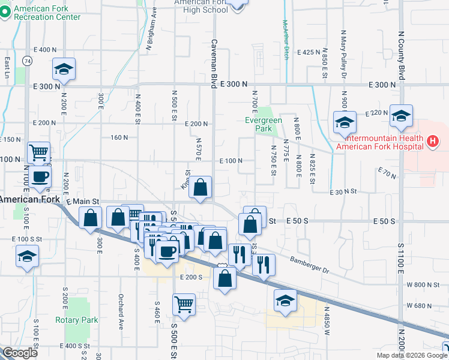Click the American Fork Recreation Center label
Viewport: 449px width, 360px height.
pos(47,13)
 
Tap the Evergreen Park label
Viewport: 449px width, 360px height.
pos(264,124)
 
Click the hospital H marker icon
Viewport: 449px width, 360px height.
pos(433,142)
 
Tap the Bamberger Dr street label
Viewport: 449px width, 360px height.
pos(309,265)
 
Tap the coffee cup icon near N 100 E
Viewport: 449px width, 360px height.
pos(41,176)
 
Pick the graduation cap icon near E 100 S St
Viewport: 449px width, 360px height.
pos(27,256)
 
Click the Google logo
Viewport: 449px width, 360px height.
pos(20,353)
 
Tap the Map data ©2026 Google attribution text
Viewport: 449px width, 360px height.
pos(411,355)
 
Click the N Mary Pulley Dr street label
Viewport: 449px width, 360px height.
pos(344,60)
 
